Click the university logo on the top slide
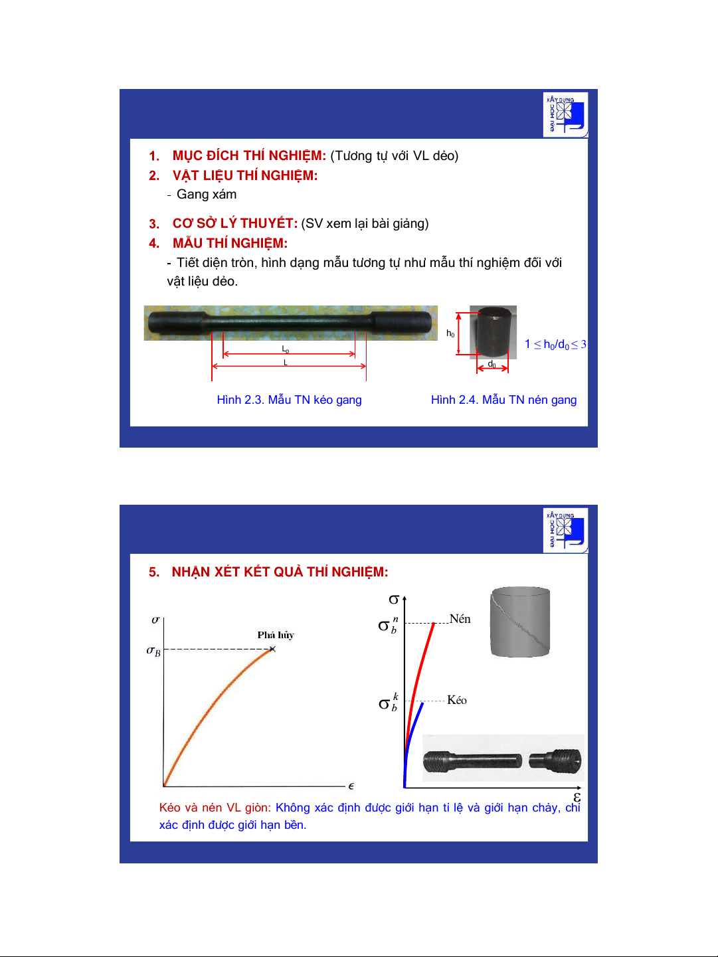[x=565, y=115]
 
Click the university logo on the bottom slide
[x=565, y=531]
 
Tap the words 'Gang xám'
[x=206, y=195]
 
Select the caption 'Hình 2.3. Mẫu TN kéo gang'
[x=289, y=400]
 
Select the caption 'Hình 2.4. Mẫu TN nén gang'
[x=503, y=400]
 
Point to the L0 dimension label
[x=285, y=349]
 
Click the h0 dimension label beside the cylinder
[x=450, y=333]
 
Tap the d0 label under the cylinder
[x=492, y=364]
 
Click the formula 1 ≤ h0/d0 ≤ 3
[x=555, y=345]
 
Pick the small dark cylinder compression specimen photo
[x=493, y=332]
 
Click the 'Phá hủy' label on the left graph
[x=276, y=635]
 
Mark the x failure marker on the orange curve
[x=272, y=650]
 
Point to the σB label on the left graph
[x=153, y=652]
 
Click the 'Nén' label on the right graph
[x=460, y=619]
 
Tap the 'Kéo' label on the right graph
[x=457, y=700]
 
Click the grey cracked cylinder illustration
[x=520, y=622]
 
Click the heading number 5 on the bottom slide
[x=154, y=572]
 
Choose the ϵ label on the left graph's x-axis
[x=351, y=786]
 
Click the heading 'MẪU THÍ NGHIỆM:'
[x=230, y=243]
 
